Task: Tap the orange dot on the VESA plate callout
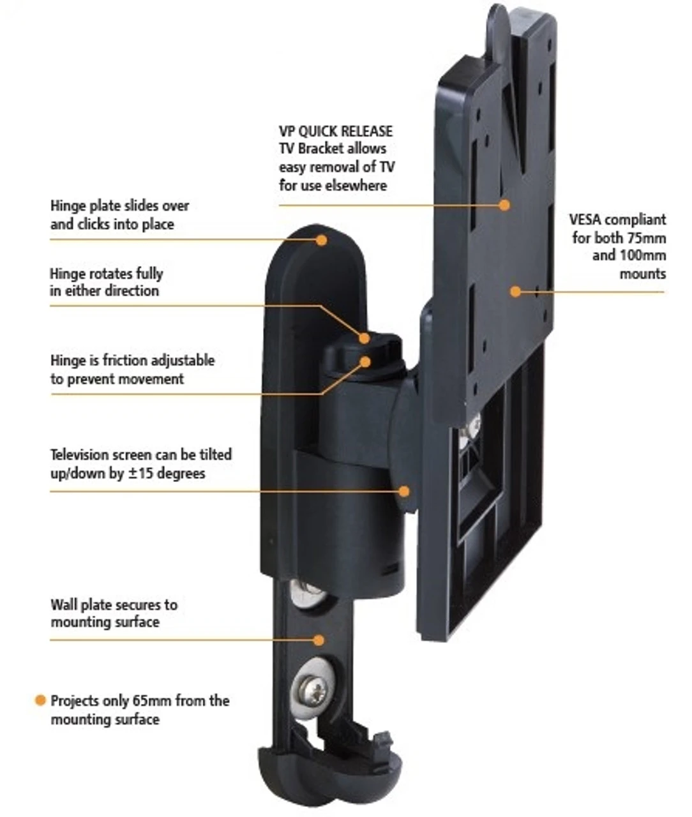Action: coord(515,291)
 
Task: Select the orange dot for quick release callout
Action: coord(504,205)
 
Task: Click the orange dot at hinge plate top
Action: coord(322,240)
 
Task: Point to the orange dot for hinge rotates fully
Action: coord(365,338)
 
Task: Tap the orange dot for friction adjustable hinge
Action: coord(365,361)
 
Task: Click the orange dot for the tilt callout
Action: coord(403,491)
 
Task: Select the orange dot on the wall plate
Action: coord(319,639)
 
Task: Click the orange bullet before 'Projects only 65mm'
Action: coord(40,700)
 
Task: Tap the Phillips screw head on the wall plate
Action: coord(312,687)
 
